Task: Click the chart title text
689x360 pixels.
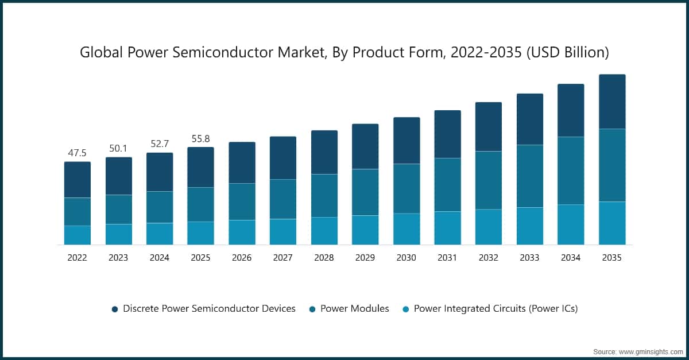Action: [344, 53]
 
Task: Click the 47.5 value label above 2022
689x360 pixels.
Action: [77, 153]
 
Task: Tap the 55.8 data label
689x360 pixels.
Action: [200, 138]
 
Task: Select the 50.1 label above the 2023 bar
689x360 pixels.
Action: [118, 149]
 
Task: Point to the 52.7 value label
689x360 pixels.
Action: [159, 144]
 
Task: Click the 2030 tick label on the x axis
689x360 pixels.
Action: [406, 258]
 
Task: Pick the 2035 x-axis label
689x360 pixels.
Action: [611, 258]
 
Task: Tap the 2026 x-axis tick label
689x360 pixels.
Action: [242, 258]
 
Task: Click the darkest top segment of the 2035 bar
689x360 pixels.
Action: [611, 102]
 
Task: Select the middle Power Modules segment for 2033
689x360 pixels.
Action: [529, 176]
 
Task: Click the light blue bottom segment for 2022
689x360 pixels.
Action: [77, 235]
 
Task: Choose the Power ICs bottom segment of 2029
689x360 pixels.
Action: [365, 230]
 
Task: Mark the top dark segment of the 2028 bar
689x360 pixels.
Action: [324, 152]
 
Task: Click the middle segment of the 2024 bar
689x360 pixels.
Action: [159, 207]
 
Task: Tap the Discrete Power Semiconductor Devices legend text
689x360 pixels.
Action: [209, 308]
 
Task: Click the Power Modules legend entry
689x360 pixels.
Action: [354, 308]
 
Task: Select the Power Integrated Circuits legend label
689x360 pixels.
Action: [496, 308]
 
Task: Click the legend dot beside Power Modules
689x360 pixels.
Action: [312, 309]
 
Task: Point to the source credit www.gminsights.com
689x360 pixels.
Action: [637, 350]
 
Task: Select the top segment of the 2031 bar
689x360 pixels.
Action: [447, 134]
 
